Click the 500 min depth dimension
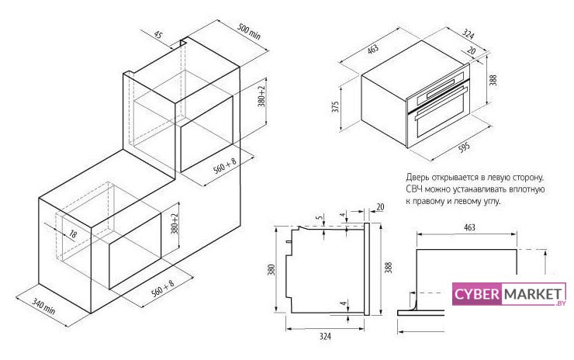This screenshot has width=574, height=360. click(x=249, y=32)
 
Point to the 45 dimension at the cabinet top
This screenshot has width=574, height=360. click(x=157, y=35)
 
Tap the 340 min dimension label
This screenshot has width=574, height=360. click(x=43, y=306)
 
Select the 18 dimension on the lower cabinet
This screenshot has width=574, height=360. click(x=73, y=234)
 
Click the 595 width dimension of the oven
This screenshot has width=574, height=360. click(x=464, y=147)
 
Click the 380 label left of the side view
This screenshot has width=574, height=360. click(x=271, y=270)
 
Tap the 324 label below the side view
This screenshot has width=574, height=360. click(x=325, y=336)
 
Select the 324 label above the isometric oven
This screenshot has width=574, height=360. click(x=468, y=34)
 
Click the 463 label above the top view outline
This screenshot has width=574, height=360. click(x=469, y=227)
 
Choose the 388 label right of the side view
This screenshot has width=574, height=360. click(x=389, y=267)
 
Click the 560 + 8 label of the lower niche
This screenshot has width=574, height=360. click(x=163, y=288)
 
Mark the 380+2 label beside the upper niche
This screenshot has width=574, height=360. click(x=261, y=96)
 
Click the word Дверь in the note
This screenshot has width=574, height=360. click(x=417, y=177)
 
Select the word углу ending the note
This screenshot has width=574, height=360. click(x=491, y=202)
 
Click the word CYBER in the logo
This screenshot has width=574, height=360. click(x=476, y=294)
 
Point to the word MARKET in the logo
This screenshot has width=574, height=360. click(x=533, y=294)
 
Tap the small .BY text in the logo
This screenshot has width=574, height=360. click(x=561, y=303)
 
